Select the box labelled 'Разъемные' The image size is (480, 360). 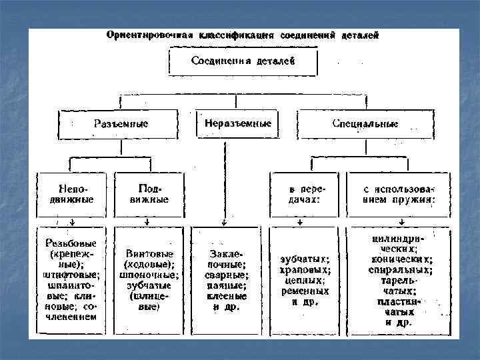pos(121,124)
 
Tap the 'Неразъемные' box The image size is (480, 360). pos(237,124)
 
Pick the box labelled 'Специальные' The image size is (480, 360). pos(365,124)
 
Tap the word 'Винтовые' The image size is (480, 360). pos(149,254)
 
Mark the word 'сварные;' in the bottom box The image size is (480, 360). pos(226,275)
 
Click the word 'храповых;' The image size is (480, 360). pos(305,270)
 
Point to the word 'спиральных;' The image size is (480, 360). pos(400,271)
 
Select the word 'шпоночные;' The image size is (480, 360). pos(149,275)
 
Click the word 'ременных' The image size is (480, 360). pos(305,291)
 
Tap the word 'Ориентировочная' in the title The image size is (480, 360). pos(145,35)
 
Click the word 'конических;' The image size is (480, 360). pos(400,261)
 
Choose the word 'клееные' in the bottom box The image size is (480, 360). pos(226,297)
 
